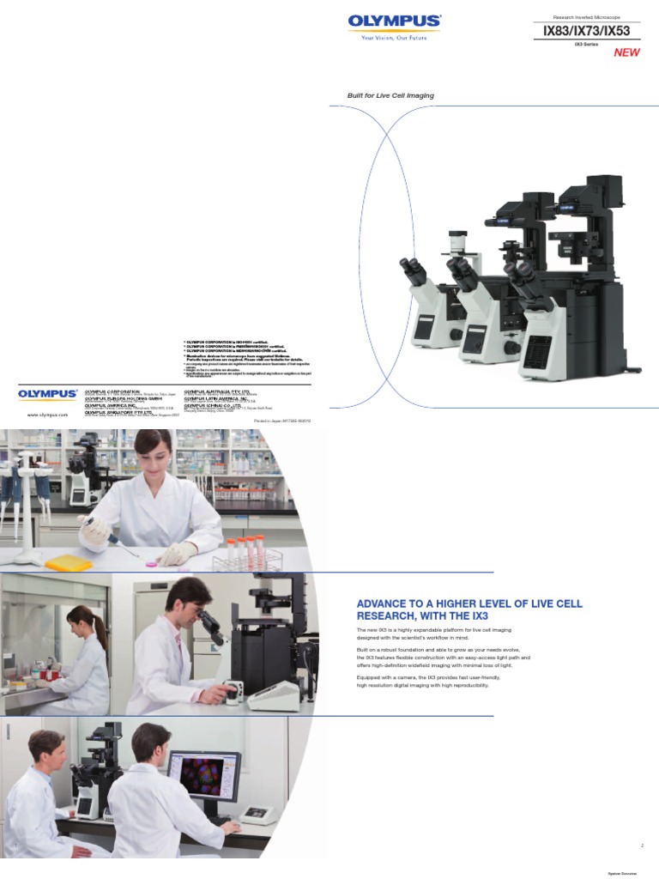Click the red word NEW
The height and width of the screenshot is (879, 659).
(626, 53)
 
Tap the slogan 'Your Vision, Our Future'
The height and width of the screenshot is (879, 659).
(394, 38)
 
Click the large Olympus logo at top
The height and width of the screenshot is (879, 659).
(394, 21)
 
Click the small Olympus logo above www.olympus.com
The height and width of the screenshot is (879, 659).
(47, 394)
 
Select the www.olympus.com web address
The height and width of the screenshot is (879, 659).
(47, 414)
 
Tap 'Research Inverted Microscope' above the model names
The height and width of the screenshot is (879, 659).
(586, 16)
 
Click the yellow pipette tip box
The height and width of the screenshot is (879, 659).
(68, 563)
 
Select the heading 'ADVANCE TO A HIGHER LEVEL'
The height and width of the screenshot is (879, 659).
(469, 609)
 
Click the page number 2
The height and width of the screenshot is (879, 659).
(641, 846)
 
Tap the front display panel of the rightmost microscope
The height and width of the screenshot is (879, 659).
(538, 353)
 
